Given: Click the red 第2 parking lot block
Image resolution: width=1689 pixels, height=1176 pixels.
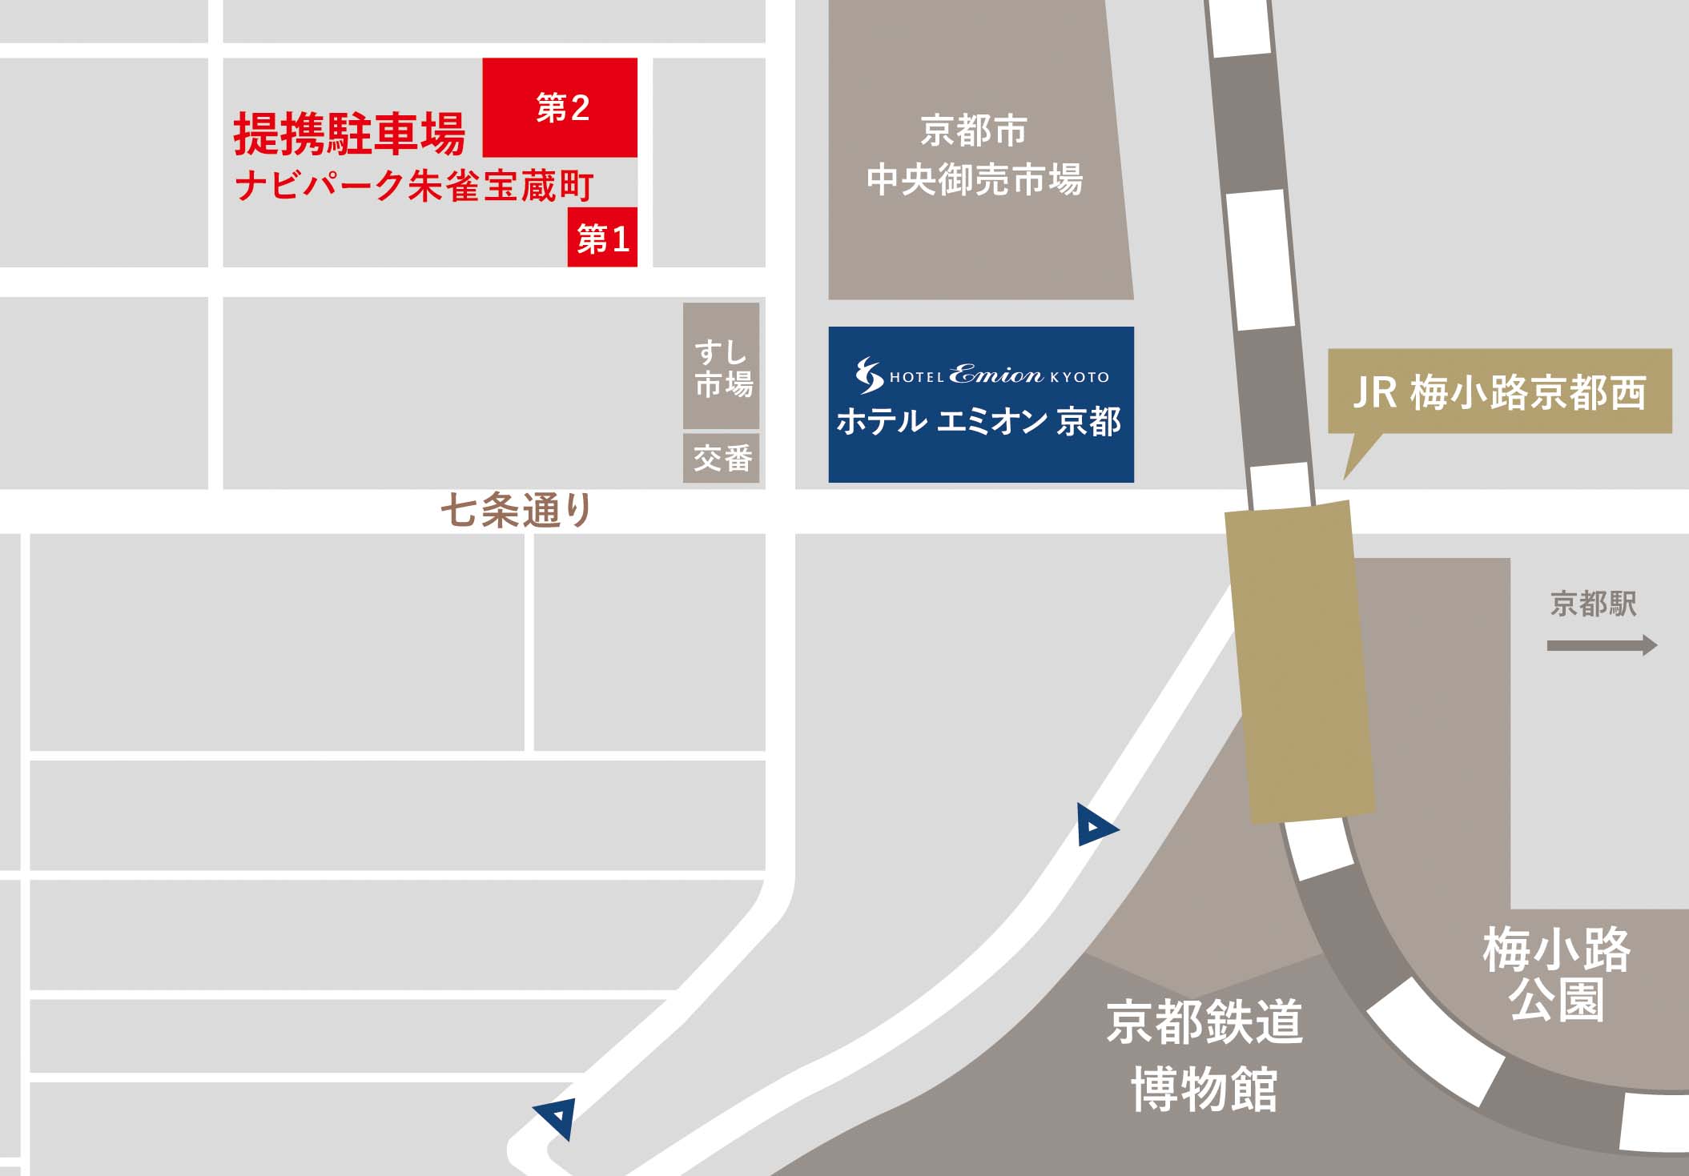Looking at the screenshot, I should click(560, 107).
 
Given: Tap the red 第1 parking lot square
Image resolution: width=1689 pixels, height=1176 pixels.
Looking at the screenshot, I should click(602, 238).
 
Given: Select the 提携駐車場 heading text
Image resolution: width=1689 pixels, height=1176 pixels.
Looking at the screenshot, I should click(349, 134).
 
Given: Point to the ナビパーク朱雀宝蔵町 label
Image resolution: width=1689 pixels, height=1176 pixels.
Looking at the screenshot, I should click(414, 187).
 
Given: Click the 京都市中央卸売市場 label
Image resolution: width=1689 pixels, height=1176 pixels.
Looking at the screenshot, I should click(974, 155).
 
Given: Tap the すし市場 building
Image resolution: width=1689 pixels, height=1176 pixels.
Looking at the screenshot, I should click(721, 366).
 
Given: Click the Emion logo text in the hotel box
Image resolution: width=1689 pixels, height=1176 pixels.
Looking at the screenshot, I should click(995, 375).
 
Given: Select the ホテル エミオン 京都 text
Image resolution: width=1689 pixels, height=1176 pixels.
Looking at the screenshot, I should click(979, 422).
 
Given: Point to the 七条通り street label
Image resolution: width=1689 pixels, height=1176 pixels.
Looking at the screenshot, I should click(517, 510).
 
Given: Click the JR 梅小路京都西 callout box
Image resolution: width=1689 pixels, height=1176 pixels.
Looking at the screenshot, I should click(1499, 391).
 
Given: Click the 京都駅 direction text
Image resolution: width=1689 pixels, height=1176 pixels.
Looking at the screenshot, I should click(1593, 604).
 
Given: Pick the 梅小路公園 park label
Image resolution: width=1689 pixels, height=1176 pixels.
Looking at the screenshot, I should click(1556, 974).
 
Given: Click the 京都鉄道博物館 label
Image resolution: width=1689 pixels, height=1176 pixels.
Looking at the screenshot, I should click(1204, 1055).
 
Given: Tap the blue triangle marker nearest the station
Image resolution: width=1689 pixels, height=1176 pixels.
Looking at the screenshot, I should click(1094, 826).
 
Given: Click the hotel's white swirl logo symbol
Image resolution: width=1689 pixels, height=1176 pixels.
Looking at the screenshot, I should click(869, 375).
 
